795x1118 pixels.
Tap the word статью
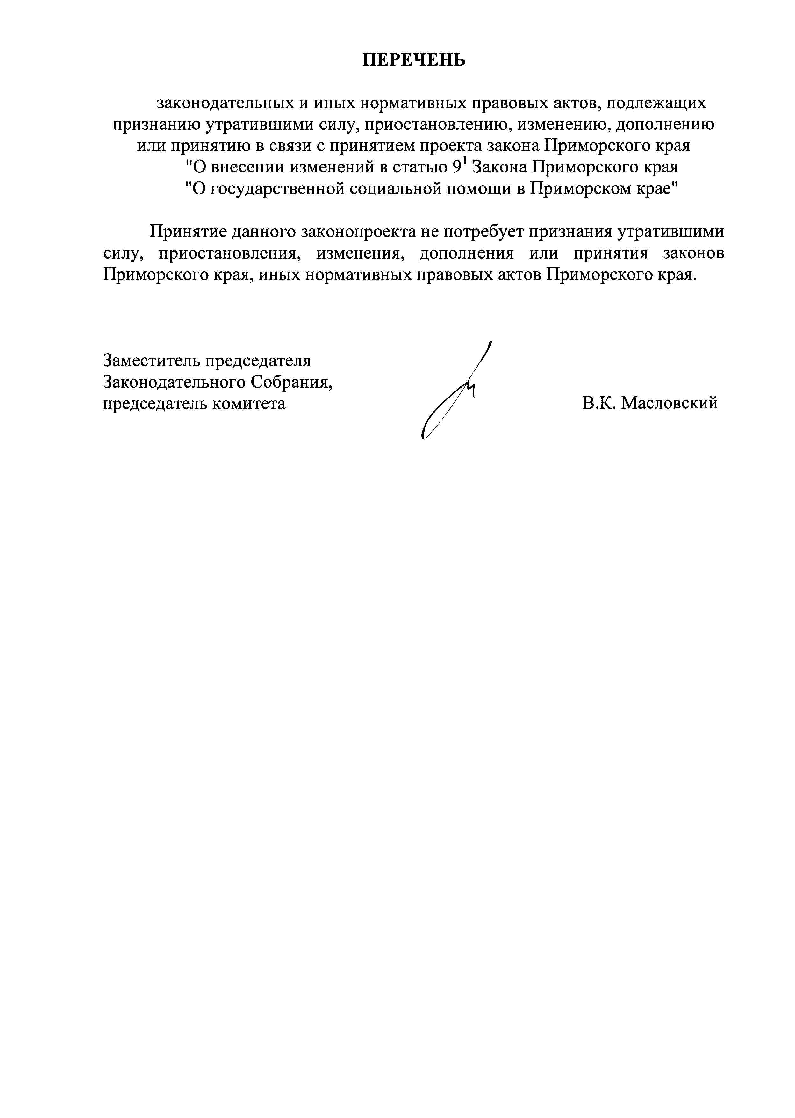(x=419, y=168)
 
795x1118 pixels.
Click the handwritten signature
(x=455, y=392)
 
